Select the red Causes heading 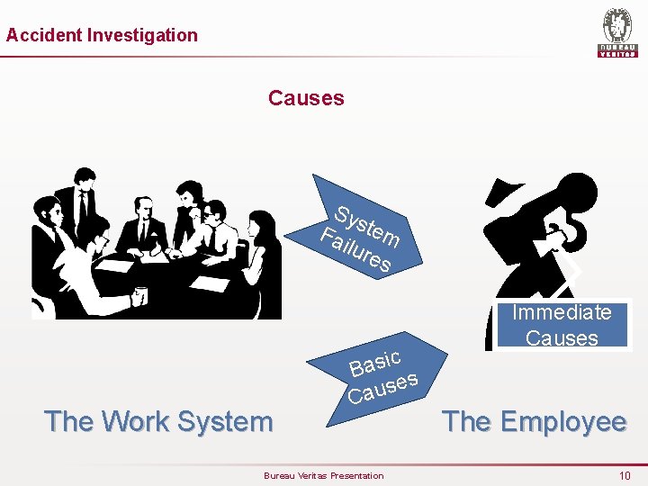tap(306, 98)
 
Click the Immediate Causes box tap(562, 325)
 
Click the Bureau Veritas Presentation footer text tap(323, 475)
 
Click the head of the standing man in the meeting tap(85, 178)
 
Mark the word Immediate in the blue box tap(562, 312)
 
